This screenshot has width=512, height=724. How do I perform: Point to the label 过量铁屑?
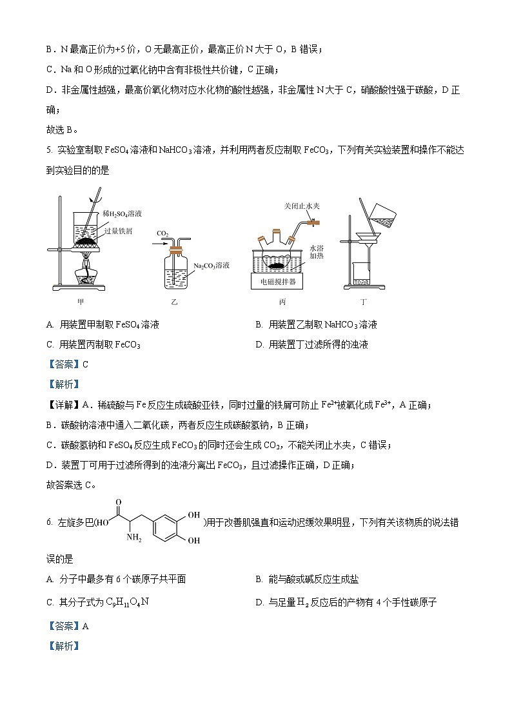[x=118, y=231]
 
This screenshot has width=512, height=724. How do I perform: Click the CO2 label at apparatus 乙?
[x=162, y=233]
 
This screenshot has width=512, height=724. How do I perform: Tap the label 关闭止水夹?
[x=302, y=206]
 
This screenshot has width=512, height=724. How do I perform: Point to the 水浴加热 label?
[x=316, y=251]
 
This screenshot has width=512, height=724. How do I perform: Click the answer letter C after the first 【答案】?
[x=85, y=364]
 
